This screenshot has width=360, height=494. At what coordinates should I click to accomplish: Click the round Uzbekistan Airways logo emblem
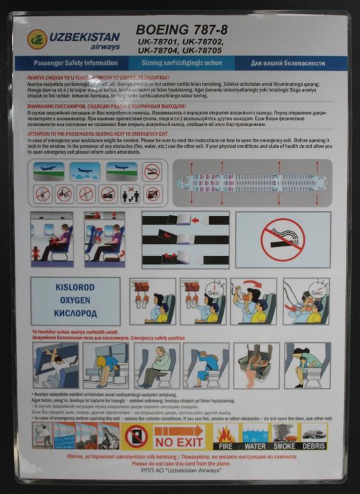(37, 39)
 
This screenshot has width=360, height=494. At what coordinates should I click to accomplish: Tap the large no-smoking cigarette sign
(283, 239)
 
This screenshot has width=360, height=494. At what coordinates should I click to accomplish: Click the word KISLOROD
(75, 288)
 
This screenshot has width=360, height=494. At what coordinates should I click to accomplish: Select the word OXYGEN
(75, 300)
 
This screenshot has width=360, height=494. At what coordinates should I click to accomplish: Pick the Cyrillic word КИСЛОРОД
(75, 313)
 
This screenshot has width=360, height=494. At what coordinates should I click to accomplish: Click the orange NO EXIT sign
(179, 437)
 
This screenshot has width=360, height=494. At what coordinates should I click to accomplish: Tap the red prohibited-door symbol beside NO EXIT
(136, 436)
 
